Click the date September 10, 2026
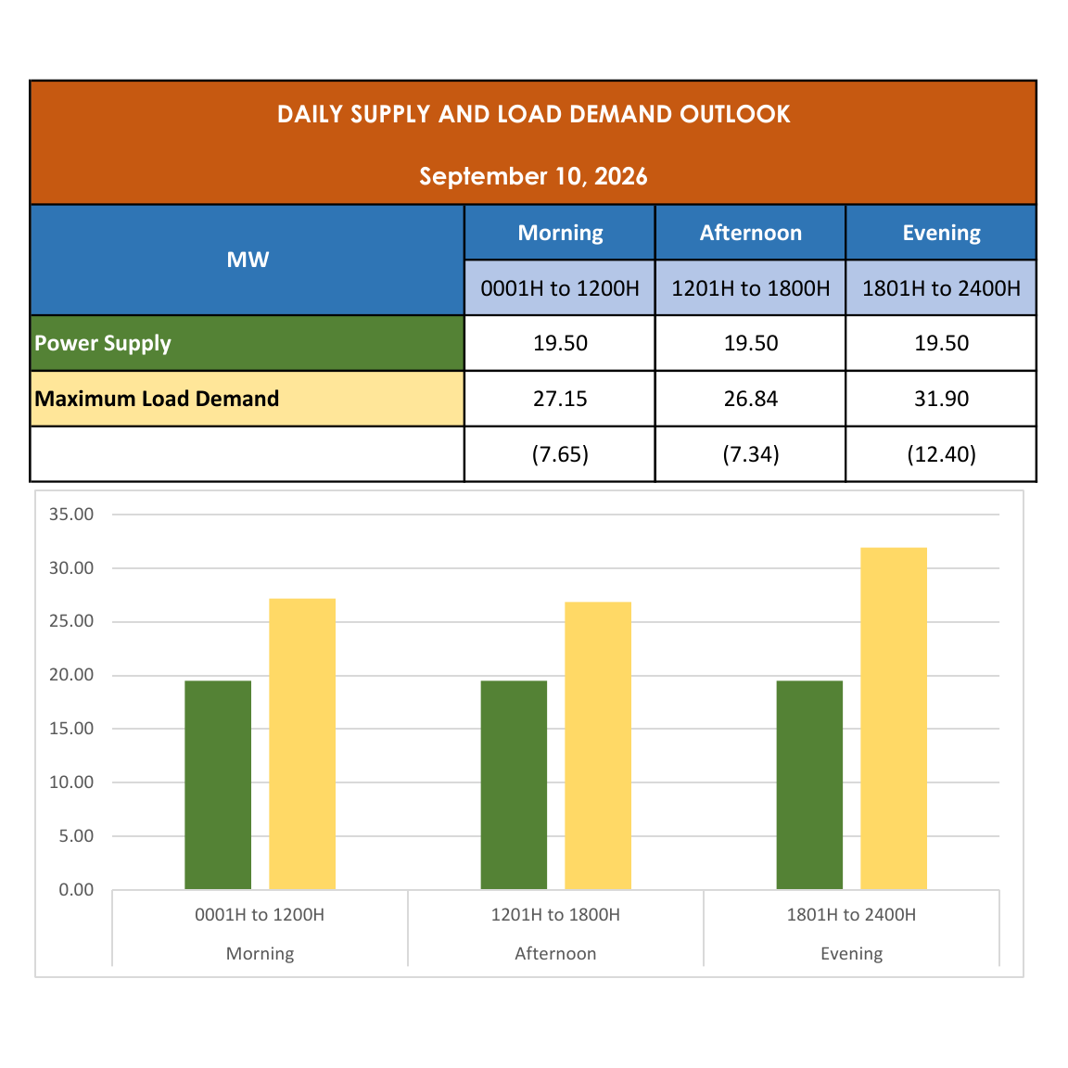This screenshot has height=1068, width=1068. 533,176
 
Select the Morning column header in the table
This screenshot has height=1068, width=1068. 560,233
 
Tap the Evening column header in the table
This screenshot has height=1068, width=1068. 941,233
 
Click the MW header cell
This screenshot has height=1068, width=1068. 248,260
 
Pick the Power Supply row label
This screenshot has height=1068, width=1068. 103,343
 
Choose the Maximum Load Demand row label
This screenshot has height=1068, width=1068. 157,399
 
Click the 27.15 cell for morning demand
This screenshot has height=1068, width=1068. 560,399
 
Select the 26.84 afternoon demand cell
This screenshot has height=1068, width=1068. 751,399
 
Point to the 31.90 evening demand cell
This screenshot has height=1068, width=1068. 941,399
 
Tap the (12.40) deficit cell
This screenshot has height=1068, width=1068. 941,454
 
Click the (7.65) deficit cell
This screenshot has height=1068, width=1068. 560,454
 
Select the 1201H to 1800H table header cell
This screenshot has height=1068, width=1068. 751,288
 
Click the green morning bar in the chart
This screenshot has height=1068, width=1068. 218,784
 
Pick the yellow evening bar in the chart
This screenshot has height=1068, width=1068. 894,718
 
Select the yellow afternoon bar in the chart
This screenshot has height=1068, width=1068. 598,745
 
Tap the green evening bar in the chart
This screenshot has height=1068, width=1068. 809,784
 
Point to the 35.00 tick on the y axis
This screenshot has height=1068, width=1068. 71,515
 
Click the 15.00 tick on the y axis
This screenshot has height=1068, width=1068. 71,729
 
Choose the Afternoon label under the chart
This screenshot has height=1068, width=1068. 556,954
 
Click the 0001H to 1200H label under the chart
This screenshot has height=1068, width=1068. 260,915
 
